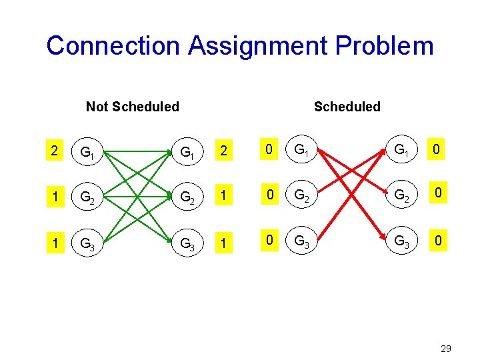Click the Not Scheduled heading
pyautogui.click(x=133, y=107)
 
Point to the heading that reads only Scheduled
pyautogui.click(x=347, y=107)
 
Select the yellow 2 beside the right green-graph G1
pyautogui.click(x=225, y=151)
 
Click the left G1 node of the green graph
pyautogui.click(x=87, y=153)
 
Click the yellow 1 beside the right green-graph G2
pyautogui.click(x=225, y=195)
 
